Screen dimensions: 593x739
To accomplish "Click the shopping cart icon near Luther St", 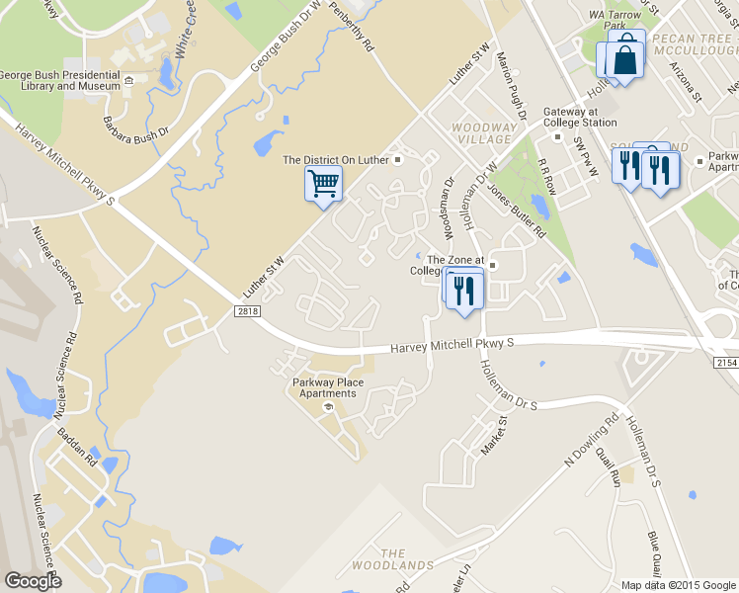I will click(x=324, y=185).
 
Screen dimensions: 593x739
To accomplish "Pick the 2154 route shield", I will click(x=726, y=365).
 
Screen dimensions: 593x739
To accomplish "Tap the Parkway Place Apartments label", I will click(x=328, y=387).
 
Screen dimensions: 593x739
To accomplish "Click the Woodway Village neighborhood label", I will click(x=483, y=133).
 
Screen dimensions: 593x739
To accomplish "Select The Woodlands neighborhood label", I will click(x=393, y=559).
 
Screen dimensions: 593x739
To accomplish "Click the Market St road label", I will click(x=492, y=435).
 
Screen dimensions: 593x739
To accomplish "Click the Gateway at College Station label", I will click(x=577, y=117).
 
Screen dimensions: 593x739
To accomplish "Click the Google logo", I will click(x=32, y=581).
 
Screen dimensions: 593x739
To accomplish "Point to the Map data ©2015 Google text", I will click(x=679, y=585).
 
